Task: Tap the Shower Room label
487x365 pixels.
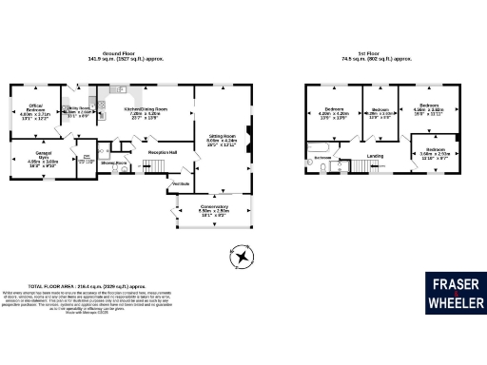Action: pyautogui.click(x=115, y=163)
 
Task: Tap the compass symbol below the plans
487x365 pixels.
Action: pyautogui.click(x=243, y=258)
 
